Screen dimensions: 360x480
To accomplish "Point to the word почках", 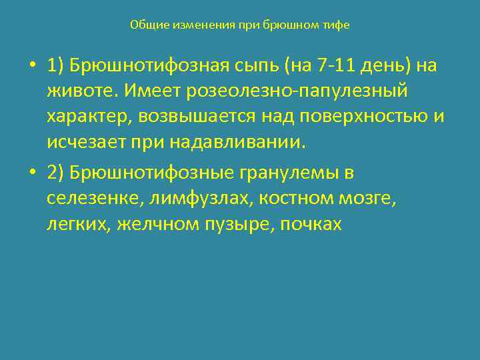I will coord(309,224).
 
